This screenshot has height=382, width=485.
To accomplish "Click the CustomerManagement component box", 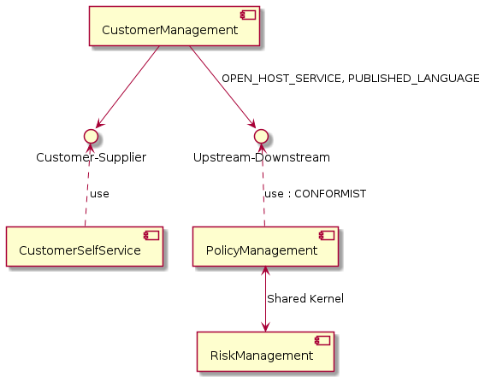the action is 174,26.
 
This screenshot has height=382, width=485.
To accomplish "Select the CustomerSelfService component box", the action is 85,246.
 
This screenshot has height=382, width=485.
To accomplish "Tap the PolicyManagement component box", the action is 265,246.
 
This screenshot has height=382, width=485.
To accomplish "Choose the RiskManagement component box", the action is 265,351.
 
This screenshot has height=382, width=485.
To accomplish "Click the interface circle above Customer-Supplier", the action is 91,136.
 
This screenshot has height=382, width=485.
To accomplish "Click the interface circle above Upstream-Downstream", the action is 261,136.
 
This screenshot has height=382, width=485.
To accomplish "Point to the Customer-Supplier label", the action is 91,157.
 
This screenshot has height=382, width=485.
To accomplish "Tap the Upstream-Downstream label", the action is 262,157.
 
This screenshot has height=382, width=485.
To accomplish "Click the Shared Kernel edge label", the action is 305,299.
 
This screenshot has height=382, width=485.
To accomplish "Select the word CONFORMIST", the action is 330,194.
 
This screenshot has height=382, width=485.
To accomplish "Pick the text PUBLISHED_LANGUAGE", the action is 414,79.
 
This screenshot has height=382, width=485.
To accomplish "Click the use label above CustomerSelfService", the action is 99,194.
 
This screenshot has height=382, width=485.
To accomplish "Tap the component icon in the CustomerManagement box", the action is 248,15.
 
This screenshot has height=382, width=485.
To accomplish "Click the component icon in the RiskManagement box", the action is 322,341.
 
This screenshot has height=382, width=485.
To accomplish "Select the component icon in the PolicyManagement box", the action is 327,236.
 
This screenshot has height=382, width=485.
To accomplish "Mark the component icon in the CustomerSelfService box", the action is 151,236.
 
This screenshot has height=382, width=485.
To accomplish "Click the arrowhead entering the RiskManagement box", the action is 265,327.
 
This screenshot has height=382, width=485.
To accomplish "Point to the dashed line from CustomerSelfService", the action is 87,185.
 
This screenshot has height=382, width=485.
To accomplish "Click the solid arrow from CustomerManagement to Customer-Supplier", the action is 127,86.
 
